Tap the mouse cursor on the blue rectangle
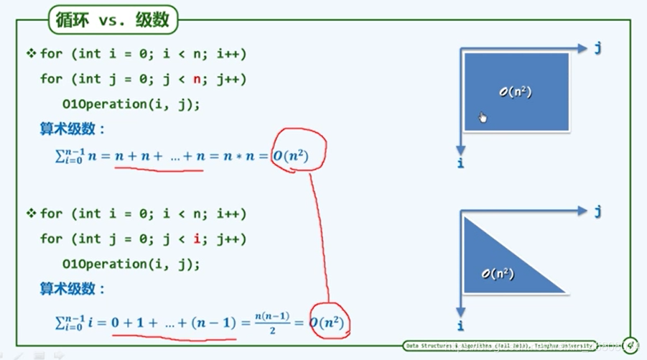(x=483, y=117)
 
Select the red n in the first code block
(x=212, y=79)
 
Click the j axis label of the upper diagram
(x=597, y=48)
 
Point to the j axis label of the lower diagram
(x=597, y=211)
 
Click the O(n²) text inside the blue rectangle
(x=516, y=93)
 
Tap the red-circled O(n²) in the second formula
(x=327, y=323)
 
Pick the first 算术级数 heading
(x=73, y=130)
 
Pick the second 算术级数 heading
(x=73, y=289)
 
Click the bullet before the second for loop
(x=31, y=213)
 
